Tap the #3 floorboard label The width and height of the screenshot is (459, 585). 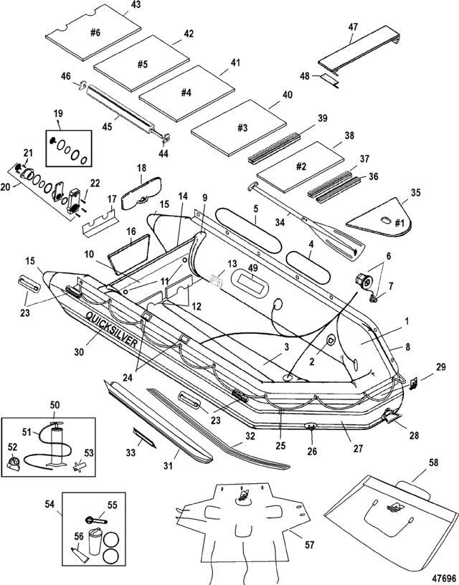pyautogui.click(x=242, y=128)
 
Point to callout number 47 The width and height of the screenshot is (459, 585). pyautogui.click(x=353, y=27)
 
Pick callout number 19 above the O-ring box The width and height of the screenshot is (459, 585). pyautogui.click(x=58, y=113)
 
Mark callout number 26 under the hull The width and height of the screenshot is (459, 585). pyautogui.click(x=311, y=452)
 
